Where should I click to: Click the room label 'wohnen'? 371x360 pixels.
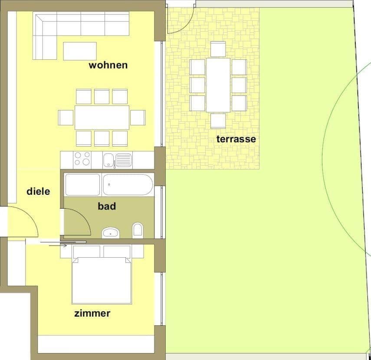(x=108, y=65)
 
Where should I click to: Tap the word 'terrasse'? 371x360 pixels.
(x=236, y=139)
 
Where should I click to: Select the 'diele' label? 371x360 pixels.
(x=38, y=191)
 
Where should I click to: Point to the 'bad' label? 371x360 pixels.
(x=107, y=206)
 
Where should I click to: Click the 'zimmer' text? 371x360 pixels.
(x=92, y=313)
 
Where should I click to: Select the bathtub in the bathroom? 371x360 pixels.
(x=128, y=185)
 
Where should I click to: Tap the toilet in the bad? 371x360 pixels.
(x=138, y=229)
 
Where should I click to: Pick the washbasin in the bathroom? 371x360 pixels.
(x=111, y=233)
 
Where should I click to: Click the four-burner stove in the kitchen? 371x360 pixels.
(x=82, y=159)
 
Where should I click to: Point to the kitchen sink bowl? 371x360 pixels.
(x=108, y=160)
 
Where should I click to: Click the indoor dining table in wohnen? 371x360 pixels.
(x=102, y=117)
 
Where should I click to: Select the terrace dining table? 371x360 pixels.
(x=218, y=85)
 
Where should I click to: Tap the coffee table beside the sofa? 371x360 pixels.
(x=80, y=51)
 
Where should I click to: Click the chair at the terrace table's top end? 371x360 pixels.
(x=218, y=49)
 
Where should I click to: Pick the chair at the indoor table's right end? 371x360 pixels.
(x=138, y=118)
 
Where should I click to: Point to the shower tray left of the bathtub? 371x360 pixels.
(x=82, y=185)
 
